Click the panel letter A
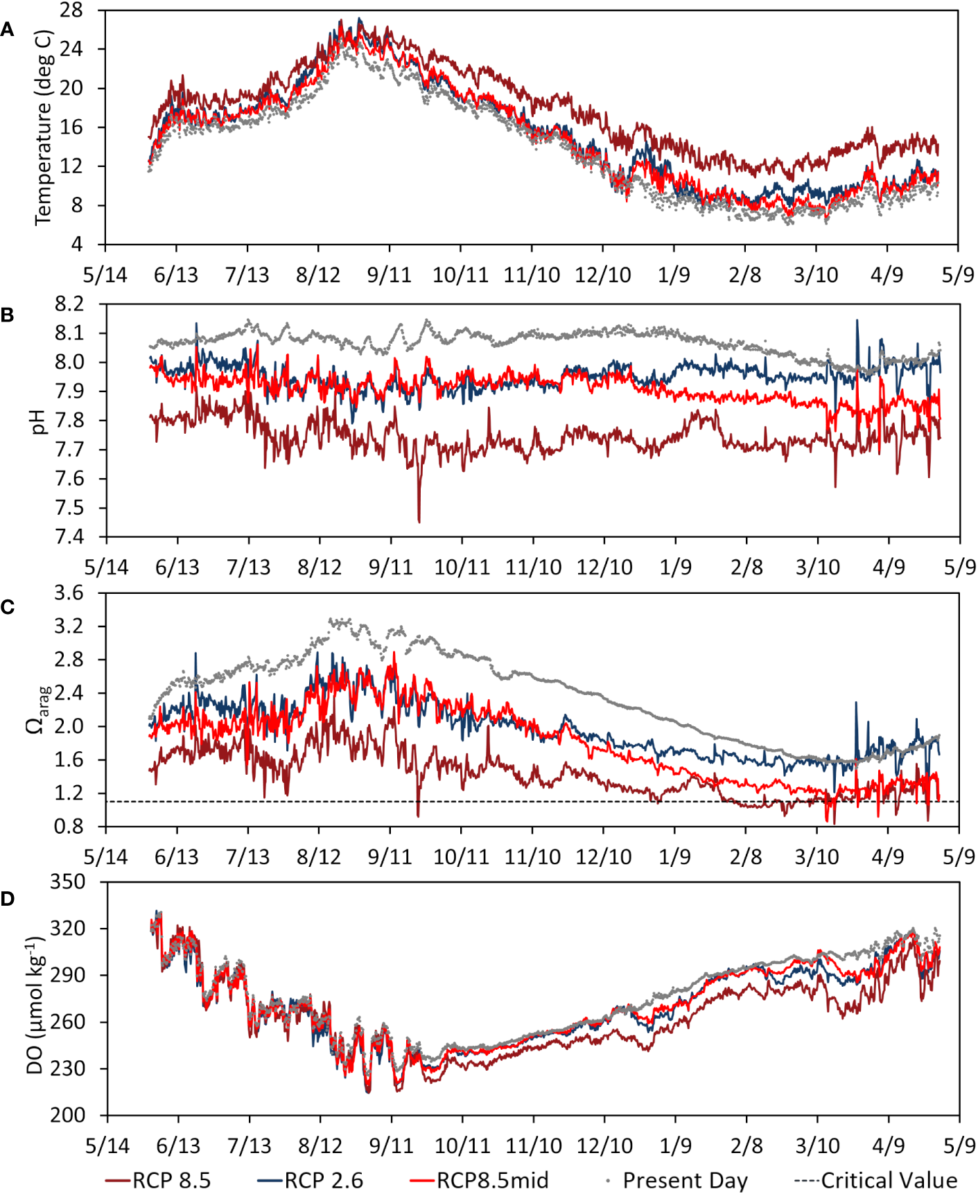(7, 30)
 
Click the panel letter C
(8, 608)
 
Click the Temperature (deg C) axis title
(43, 128)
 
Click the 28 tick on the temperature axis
(71, 10)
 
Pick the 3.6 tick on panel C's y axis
(69, 593)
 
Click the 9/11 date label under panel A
(390, 275)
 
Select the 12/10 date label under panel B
(604, 568)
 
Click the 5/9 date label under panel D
(959, 1145)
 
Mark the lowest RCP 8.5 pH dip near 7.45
(419, 521)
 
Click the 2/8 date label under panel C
(746, 857)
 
